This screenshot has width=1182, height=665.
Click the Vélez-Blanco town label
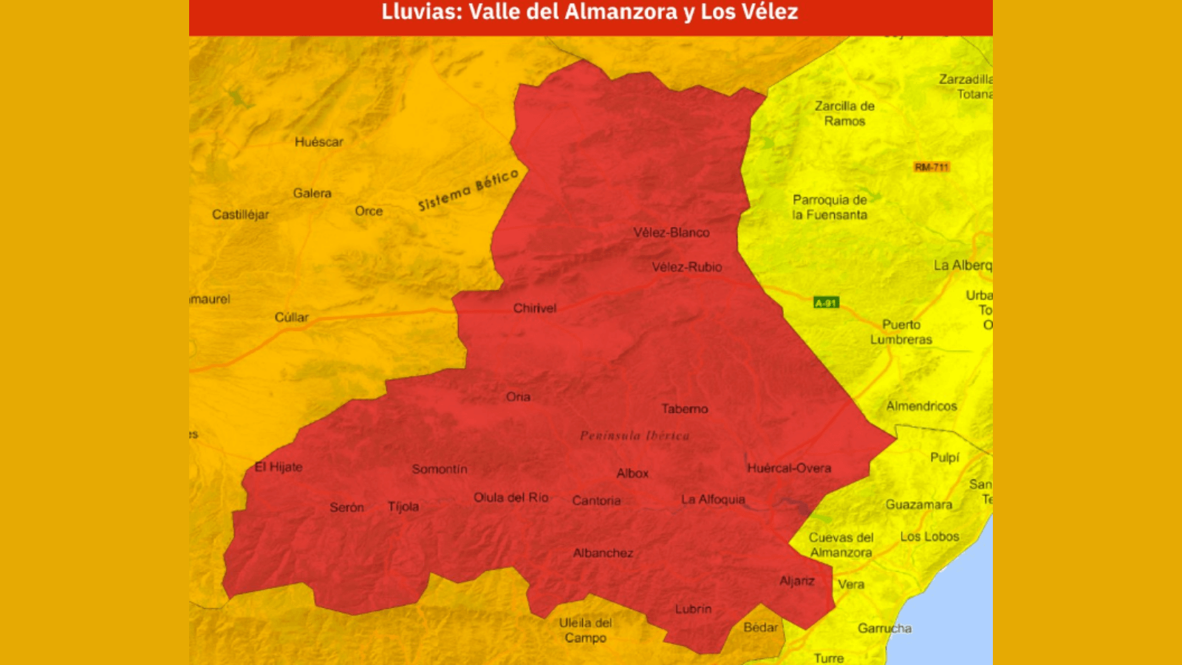point(671,233)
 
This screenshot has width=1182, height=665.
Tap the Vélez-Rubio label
point(686,267)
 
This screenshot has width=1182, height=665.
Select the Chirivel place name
point(535,308)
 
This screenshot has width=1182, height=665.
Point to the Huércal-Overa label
point(788,468)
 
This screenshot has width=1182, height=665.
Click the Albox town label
point(632,473)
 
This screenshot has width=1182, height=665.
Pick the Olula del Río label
point(510,497)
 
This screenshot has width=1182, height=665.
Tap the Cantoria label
point(596,500)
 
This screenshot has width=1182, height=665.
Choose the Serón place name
point(346,507)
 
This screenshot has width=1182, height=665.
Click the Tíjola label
point(403,506)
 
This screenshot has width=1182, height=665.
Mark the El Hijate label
point(279,467)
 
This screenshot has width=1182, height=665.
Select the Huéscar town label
point(318,142)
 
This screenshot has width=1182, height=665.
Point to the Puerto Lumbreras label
point(901,332)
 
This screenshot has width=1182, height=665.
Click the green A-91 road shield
point(826,302)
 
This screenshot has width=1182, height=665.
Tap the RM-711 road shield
point(931,167)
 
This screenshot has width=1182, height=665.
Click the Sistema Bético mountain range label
point(468,190)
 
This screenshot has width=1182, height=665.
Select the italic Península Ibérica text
point(635,436)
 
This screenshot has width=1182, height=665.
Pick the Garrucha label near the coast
point(884,628)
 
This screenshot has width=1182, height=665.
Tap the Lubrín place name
point(693,609)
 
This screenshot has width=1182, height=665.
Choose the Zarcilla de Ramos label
point(844,114)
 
